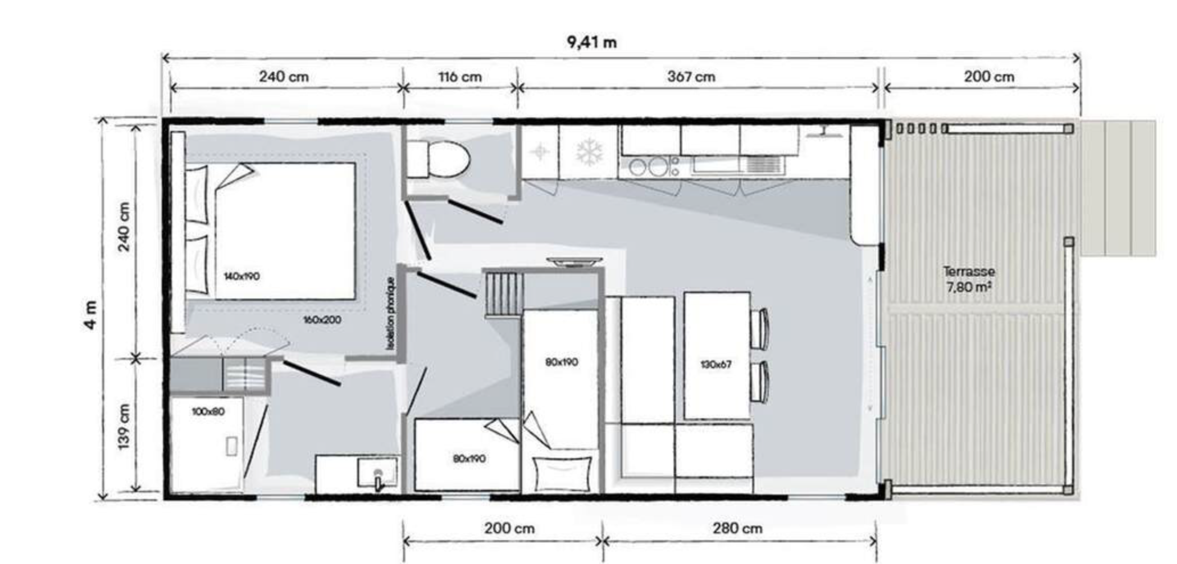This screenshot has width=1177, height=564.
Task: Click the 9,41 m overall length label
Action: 591,42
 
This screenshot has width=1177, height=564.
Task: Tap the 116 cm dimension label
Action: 460,76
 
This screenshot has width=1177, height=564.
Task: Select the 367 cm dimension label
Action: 691,76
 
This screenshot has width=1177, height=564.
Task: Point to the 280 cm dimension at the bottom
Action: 737,528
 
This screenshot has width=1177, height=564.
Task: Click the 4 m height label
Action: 91,315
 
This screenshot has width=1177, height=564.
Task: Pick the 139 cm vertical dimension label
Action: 124,426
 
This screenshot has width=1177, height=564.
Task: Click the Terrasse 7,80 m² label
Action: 968,279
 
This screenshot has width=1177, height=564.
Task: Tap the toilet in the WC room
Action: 438,160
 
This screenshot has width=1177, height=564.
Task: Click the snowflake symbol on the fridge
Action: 588,153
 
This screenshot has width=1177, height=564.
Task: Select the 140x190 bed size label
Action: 242,276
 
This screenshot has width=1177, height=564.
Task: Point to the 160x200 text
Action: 322,320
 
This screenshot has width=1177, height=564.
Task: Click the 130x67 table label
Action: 716,364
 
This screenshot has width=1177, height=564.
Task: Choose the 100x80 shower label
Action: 208,411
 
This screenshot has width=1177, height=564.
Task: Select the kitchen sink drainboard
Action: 764,165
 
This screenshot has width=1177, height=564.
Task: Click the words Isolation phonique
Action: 390,313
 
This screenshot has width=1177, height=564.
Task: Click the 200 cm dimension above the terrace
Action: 989,76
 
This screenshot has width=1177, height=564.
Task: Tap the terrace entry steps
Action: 1118,188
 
